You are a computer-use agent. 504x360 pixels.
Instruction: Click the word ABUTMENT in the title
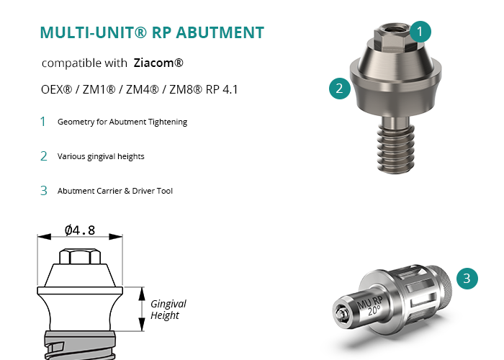[220, 32]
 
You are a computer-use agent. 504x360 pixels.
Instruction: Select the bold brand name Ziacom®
[158, 63]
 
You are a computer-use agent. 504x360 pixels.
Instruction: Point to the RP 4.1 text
[222, 89]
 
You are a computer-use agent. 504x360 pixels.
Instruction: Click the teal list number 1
[42, 122]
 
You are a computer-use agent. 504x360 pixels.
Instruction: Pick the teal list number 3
[44, 191]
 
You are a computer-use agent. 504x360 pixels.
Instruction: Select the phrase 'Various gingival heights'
[101, 156]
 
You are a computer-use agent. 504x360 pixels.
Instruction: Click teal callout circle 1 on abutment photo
[420, 32]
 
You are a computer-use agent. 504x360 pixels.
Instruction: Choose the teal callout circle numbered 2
[340, 89]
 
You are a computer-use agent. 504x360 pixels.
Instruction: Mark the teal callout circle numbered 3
[467, 279]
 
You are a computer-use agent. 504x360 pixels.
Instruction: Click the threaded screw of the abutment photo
[396, 148]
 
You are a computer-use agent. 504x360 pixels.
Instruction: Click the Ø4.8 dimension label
[80, 230]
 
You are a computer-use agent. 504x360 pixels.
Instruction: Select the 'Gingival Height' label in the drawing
[168, 309]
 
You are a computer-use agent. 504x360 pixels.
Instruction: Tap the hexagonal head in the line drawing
[80, 256]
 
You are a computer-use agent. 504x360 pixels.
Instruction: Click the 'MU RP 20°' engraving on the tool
[370, 306]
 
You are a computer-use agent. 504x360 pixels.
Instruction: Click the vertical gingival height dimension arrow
[142, 309]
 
